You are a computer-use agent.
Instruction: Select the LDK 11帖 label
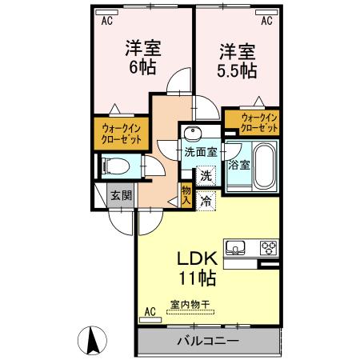[x=194, y=270]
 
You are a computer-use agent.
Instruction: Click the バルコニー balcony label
[x=207, y=341]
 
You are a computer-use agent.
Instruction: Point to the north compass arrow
[x=94, y=342]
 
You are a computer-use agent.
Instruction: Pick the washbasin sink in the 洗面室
[x=193, y=133]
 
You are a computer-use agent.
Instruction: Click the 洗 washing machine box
[x=206, y=175]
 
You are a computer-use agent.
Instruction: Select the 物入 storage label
[x=186, y=195]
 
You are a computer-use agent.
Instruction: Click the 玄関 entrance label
[x=121, y=195]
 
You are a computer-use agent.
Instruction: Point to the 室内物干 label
[x=189, y=305]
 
